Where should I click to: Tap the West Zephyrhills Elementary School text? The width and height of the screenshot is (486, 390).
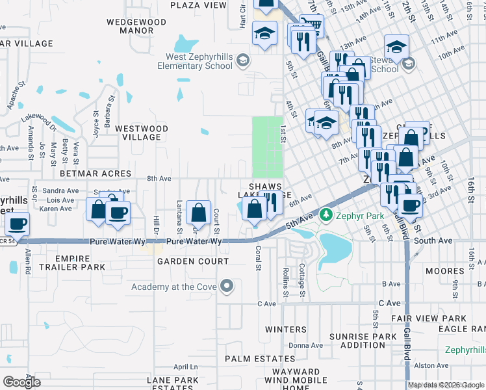pyautogui.click(x=194, y=62)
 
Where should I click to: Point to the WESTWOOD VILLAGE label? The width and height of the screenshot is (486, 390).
pyautogui.click(x=141, y=133)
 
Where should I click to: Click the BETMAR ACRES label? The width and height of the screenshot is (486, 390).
pyautogui.click(x=96, y=174)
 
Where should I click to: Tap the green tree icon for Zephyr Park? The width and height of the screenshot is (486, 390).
pyautogui.click(x=326, y=215)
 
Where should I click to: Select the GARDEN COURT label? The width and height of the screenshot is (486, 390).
pyautogui.click(x=193, y=261)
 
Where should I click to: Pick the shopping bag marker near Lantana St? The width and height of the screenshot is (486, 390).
pyautogui.click(x=198, y=212)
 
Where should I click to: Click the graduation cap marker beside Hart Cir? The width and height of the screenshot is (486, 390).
pyautogui.click(x=264, y=33)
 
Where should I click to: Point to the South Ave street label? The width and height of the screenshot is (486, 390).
pyautogui.click(x=433, y=240)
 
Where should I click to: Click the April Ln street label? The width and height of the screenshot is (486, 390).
pyautogui.click(x=185, y=367)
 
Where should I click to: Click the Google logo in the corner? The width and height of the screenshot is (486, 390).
pyautogui.click(x=22, y=382)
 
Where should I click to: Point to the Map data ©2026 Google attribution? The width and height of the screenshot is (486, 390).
pyautogui.click(x=446, y=385)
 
